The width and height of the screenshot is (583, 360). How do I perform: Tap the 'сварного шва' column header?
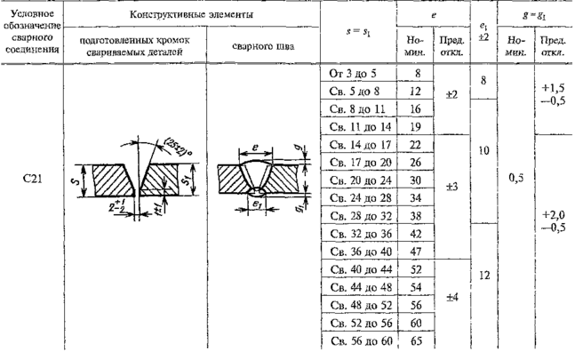click(x=257, y=45)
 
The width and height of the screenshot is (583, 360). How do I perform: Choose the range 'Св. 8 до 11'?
click(x=355, y=110)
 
